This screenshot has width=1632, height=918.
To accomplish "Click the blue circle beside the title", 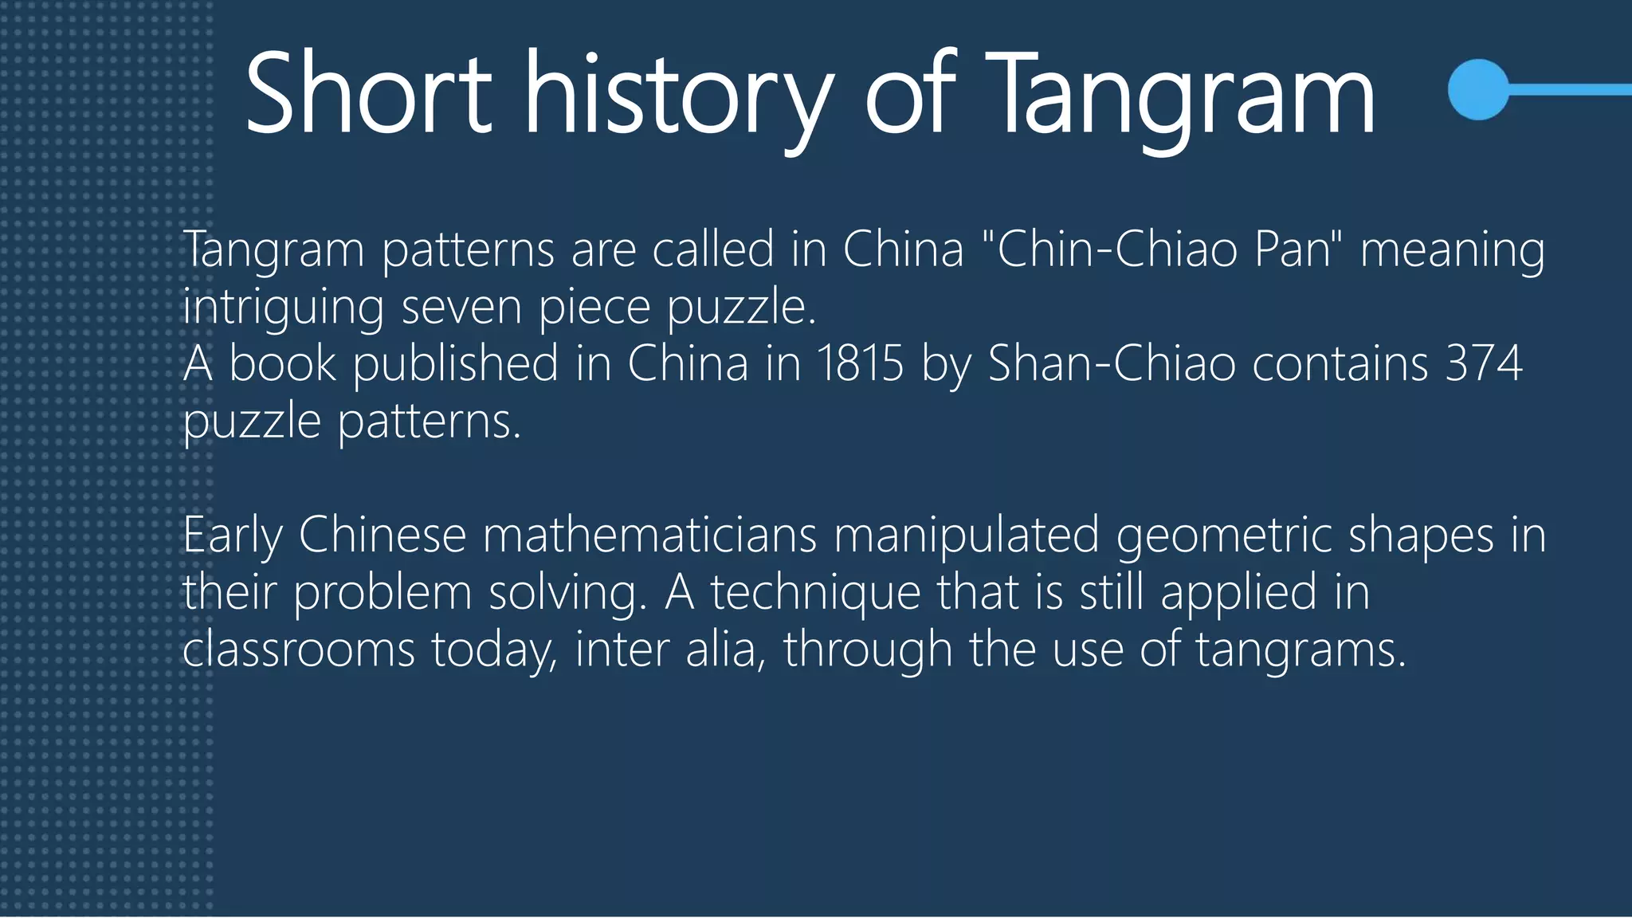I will coord(1478,89).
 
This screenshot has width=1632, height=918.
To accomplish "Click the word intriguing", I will coord(283,308).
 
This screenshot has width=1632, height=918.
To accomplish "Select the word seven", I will coord(461,308).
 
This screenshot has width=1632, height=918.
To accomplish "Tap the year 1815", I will coord(860,363).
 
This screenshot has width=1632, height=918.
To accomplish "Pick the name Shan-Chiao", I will coord(1112,363).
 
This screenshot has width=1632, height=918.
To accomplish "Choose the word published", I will coord(455,365).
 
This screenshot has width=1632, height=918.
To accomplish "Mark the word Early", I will coord(232,535).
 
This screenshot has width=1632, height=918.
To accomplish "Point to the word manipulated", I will coord(966,535).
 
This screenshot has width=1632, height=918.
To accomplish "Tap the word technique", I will coord(815,593).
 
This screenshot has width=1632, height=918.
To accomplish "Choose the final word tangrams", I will coord(1300,650).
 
